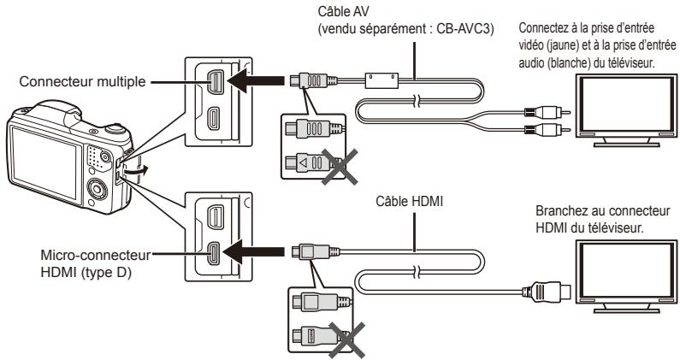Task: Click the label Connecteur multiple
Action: click(82, 81)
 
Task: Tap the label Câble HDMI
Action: click(410, 201)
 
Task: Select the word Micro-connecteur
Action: click(96, 255)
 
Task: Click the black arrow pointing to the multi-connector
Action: click(256, 80)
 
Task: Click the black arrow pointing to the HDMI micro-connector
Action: click(256, 252)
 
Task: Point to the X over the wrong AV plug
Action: click(340, 167)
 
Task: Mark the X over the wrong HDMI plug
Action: click(346, 339)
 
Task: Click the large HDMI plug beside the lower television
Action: click(547, 291)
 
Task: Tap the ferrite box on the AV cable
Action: click(381, 80)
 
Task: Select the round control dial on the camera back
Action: click(98, 189)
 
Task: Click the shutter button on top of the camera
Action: click(115, 129)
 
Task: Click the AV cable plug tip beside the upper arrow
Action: click(294, 80)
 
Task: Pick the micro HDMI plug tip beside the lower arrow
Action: click(296, 252)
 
